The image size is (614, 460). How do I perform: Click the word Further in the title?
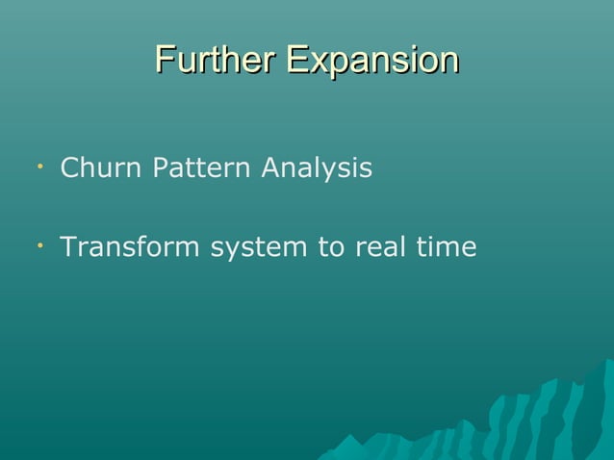[216, 60]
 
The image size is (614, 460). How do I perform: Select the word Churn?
[93, 169]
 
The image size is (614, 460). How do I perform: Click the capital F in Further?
[165, 60]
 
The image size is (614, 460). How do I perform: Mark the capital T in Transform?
[68, 248]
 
